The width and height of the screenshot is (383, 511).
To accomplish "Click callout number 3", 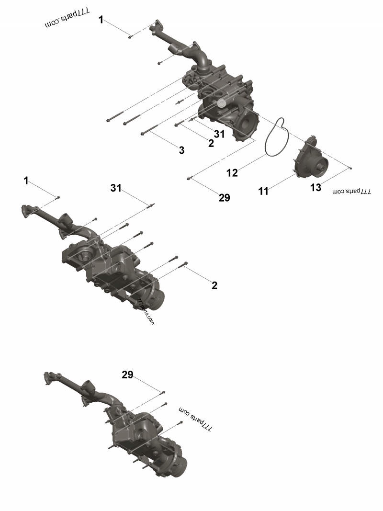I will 181,150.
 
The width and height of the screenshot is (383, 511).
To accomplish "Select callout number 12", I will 232,173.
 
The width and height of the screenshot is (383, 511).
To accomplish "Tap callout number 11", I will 263,192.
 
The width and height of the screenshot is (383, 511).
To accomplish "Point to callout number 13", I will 316,188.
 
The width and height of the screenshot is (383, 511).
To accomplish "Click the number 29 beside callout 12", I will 224,197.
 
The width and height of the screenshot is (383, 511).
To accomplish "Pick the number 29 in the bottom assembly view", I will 127,375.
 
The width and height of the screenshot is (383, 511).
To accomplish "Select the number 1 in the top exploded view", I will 101,20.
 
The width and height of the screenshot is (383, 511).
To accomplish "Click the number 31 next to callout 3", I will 219,134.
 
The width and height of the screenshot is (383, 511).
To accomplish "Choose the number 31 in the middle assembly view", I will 116,189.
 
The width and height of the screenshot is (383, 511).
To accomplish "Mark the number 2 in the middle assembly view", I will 214,285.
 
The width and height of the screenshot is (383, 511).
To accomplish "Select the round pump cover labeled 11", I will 310,160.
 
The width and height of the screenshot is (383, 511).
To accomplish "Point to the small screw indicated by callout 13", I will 351,168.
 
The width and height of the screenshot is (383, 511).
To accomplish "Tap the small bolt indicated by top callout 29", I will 190,178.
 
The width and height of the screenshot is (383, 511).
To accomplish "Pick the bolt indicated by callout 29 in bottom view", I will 163,392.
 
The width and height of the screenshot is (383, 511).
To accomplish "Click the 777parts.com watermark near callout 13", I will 352,191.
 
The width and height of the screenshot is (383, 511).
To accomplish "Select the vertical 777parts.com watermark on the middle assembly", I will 146,312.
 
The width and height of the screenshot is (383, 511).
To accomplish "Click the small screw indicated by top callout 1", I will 130,36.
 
